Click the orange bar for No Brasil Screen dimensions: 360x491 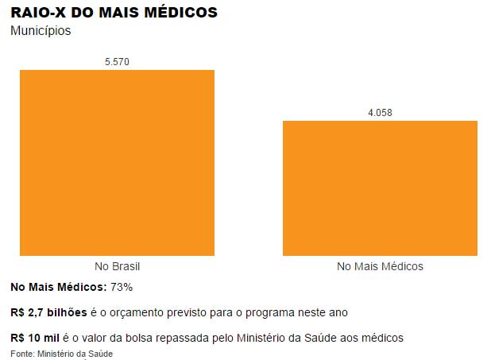117,163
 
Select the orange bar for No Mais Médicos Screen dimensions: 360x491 380,188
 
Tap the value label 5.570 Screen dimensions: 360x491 117,61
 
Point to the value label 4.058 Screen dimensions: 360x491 380,112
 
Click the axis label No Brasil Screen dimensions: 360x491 117,266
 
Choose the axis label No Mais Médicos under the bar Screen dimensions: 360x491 380,266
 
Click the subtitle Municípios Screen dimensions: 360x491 41,31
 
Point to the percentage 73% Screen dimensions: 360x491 121,286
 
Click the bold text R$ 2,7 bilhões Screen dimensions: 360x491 48,312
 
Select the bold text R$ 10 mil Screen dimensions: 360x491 35,338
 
